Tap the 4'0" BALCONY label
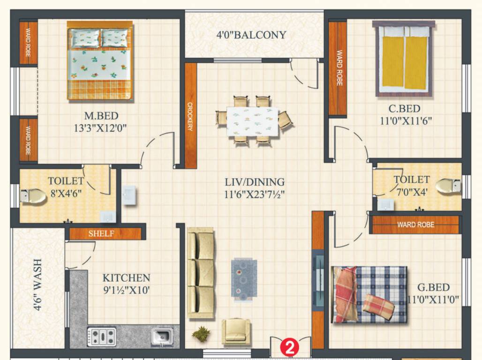(x=251, y=35)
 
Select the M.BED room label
(x=101, y=115)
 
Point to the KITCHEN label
(x=126, y=278)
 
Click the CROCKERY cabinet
(x=190, y=116)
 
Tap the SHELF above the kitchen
(x=101, y=233)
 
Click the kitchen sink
(x=162, y=337)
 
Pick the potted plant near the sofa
(x=201, y=334)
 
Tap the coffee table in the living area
(x=244, y=278)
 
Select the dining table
(x=252, y=121)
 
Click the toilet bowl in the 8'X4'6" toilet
(x=33, y=196)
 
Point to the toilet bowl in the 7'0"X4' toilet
(x=448, y=186)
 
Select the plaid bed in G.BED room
(x=369, y=294)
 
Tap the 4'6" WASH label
(x=38, y=285)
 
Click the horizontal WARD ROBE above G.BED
(x=415, y=225)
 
